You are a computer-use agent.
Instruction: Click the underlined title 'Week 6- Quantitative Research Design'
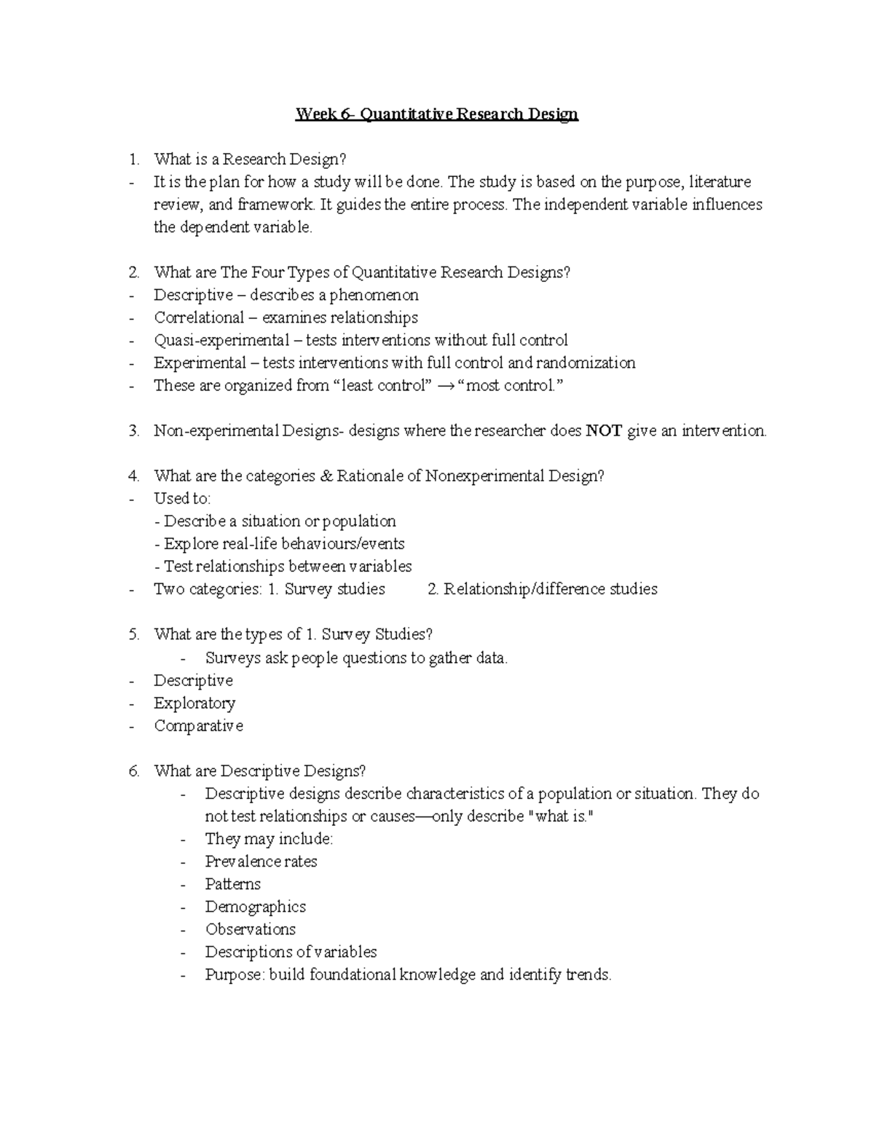pos(436,114)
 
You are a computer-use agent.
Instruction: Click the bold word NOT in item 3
pos(604,431)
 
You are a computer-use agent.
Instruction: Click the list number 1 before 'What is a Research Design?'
pos(133,159)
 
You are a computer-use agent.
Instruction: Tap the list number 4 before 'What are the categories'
pos(133,476)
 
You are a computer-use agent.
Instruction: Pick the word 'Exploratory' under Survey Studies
pos(194,704)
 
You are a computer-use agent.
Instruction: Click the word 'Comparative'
pos(198,726)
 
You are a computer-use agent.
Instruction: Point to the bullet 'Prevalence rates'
pos(261,862)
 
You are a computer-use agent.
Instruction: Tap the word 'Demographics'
pos(255,907)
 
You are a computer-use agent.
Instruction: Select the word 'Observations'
pos(250,929)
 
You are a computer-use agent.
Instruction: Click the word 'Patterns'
pos(232,884)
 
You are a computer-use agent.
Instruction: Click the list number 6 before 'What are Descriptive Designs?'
pos(133,771)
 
